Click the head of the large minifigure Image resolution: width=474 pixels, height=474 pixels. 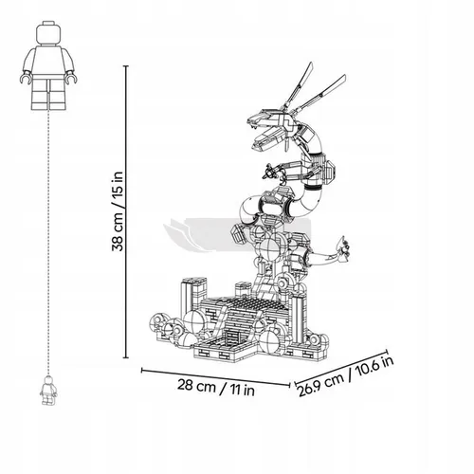click(48, 33)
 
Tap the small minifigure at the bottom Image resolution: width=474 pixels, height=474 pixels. click(48, 391)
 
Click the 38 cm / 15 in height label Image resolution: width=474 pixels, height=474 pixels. click(118, 211)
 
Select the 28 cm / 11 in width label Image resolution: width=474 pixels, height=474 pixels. click(216, 388)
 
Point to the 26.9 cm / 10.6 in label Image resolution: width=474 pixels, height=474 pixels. click(346, 376)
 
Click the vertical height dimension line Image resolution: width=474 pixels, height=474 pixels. click(126, 211)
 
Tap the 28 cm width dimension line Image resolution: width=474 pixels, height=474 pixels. click(216, 377)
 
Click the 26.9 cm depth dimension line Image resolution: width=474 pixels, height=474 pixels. click(340, 368)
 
